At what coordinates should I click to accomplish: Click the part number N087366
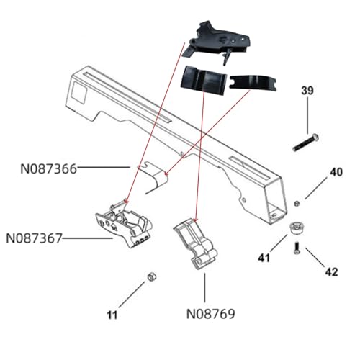click(48, 170)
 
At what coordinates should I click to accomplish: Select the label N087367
click(33, 237)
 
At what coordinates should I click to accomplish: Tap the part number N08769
click(210, 314)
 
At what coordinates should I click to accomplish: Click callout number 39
click(307, 90)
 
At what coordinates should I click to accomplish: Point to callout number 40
click(336, 172)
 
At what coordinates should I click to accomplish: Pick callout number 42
click(331, 272)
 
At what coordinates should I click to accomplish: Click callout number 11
click(112, 315)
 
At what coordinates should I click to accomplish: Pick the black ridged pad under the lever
click(205, 81)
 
